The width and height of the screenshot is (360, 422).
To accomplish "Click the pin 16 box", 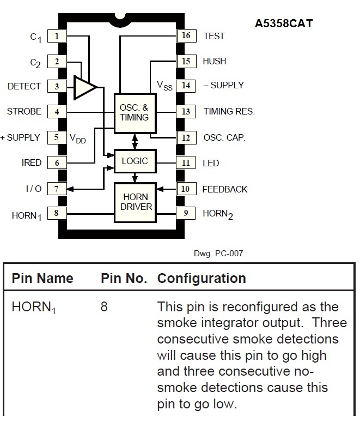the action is pos(186,35).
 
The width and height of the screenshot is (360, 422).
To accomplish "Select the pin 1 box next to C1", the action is pos(57,36).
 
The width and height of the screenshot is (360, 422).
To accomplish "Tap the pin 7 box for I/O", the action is pos(57,189).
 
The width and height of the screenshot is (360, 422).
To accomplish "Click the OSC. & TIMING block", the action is pos(135,113).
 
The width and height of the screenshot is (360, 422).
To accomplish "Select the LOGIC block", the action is pos(135,161).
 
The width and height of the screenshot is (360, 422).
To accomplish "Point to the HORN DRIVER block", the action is pos(135,202).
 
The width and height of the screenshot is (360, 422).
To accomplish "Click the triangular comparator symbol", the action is pos(85,87).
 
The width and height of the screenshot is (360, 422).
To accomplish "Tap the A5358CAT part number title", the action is pos(284,23).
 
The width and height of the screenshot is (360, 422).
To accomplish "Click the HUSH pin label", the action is pos(214,62).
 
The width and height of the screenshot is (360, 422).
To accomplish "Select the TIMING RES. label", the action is pos(229,111).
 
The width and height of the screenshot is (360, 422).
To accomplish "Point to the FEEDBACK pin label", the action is pos(225,190).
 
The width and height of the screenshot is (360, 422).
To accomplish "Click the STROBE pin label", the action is pos(24,111).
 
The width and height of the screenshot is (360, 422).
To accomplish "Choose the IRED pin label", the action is pos(32,163).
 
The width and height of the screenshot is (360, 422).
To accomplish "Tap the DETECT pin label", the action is pos(24,86).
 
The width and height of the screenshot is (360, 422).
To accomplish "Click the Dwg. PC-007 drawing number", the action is pos(218,254).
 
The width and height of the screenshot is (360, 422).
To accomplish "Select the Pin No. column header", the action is pos(124,278).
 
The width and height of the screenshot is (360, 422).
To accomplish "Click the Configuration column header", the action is pos(202,278).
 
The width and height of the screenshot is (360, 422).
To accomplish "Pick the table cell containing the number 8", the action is pos(104,307).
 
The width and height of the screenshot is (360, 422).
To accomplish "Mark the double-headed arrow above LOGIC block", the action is pos(135,141).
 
